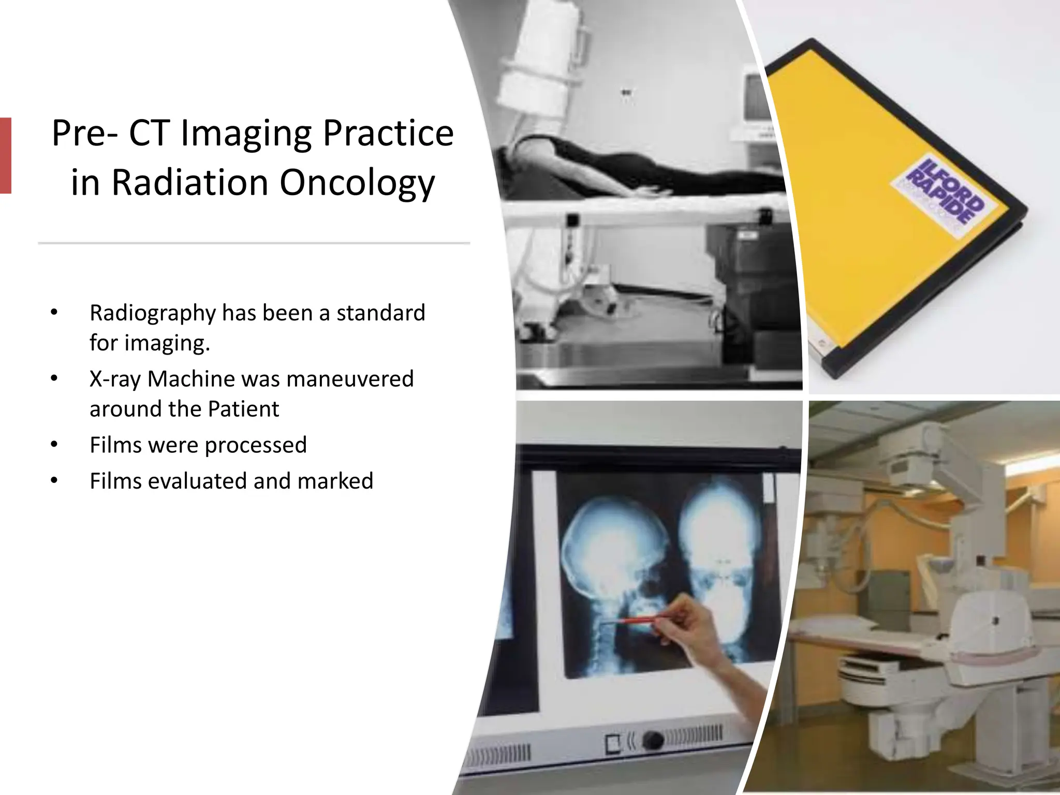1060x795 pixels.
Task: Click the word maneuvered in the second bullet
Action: [350, 379]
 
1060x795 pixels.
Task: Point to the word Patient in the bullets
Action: [243, 409]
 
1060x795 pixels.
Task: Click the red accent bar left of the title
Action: [5, 155]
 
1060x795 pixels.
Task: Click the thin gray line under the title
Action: [254, 243]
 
